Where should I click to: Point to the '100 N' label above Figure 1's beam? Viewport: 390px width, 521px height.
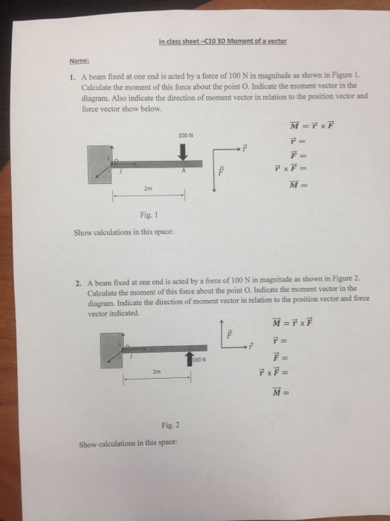point(185,135)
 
